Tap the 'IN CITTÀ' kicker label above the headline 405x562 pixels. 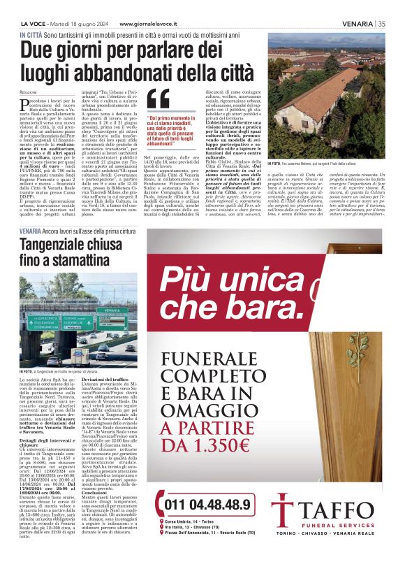[x=29, y=34]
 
